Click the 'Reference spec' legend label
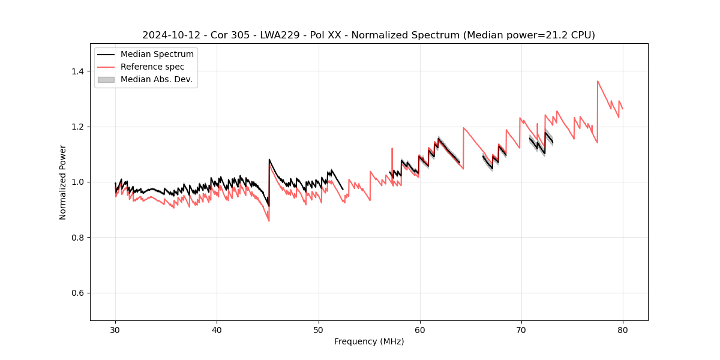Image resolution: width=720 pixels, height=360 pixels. click(x=152, y=67)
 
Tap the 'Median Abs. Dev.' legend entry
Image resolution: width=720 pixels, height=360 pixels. click(x=157, y=79)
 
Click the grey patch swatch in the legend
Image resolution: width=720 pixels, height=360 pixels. click(x=106, y=79)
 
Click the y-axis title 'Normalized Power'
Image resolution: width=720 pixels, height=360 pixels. click(x=63, y=182)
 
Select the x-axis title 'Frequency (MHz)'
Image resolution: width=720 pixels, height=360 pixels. click(x=369, y=341)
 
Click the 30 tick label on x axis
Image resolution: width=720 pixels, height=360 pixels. click(x=116, y=329)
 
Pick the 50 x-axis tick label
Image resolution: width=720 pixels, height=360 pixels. click(x=319, y=329)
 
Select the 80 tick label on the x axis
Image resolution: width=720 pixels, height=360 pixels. click(x=623, y=329)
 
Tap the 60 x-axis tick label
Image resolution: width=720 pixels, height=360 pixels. click(x=420, y=329)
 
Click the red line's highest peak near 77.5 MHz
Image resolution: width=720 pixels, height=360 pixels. click(x=598, y=81)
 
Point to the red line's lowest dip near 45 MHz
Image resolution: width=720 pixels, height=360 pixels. click(x=269, y=221)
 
